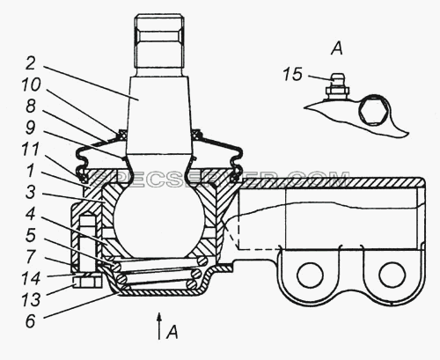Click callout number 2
tap(31, 63)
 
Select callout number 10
tap(32, 84)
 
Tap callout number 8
tap(31, 106)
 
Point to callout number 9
tap(31, 128)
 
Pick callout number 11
tap(31, 149)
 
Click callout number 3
tap(30, 193)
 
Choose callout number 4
tap(30, 214)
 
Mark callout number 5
tap(31, 235)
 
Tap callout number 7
tap(31, 257)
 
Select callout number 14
tap(31, 278)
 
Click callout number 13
tap(31, 300)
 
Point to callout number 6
tap(31, 321)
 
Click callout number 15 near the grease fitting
tap(292, 74)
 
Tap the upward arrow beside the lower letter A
tap(159, 326)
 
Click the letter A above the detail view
tap(337, 48)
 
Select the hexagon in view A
tap(373, 111)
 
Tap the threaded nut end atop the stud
tap(159, 41)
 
